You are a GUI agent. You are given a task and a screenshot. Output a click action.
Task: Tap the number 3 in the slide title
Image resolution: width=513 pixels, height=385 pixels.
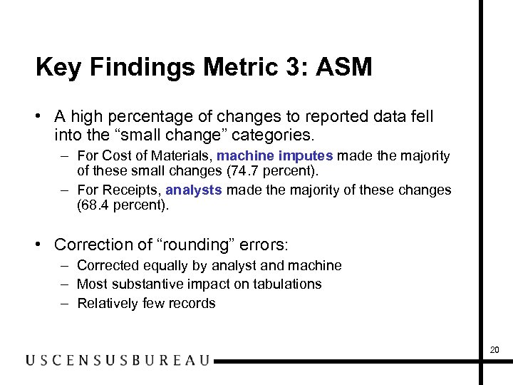click(x=297, y=67)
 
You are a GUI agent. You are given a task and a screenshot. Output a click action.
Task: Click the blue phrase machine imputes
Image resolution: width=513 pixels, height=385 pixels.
click(x=275, y=155)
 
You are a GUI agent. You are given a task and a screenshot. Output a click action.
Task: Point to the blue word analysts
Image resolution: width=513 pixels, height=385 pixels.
click(x=194, y=190)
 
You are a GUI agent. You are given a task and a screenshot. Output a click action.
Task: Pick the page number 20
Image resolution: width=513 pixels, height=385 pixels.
click(x=494, y=349)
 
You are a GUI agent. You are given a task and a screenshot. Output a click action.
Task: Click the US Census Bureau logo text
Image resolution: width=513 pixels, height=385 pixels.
click(x=118, y=360)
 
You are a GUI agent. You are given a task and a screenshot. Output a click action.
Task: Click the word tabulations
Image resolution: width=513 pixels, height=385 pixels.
click(x=284, y=284)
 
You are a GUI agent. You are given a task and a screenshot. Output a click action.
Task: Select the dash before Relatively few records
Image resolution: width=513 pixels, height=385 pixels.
click(x=64, y=303)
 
